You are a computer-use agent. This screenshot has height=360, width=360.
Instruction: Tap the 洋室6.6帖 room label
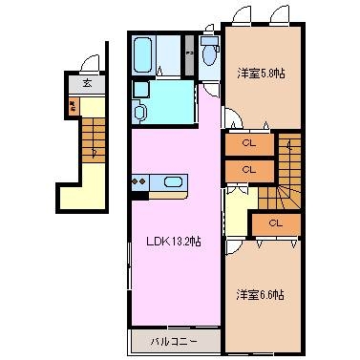(260, 294)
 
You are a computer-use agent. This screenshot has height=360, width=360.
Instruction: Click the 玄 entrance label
(87, 83)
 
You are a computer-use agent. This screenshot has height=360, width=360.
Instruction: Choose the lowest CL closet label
(274, 222)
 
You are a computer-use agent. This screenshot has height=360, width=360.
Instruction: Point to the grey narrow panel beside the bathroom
(190, 54)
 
